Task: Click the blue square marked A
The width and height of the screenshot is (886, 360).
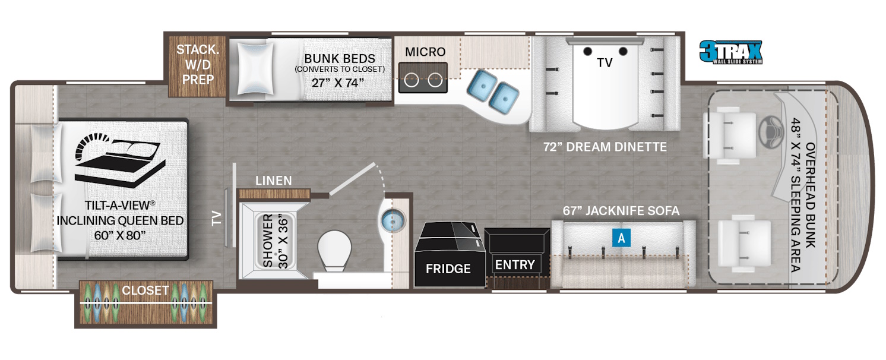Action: coord(621,238)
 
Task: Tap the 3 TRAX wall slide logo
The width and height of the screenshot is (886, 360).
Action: coord(730,52)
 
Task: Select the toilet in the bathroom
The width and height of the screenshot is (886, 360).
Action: coord(334,251)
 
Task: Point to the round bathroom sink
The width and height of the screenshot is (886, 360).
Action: coord(393,221)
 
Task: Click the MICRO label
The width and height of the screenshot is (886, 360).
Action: coord(425,52)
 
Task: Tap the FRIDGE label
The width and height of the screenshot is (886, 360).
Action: coord(448,269)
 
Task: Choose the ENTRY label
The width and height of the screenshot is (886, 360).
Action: coord(515,265)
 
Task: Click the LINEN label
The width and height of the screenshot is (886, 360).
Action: coord(274,181)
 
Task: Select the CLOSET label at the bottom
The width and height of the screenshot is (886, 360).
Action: coord(145,290)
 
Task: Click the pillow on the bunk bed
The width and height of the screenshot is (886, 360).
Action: coord(255,68)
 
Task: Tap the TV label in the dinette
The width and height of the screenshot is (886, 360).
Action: coord(605,63)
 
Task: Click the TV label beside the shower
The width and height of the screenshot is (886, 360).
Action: coord(216,218)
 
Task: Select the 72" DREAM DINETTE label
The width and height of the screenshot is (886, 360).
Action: coord(605,147)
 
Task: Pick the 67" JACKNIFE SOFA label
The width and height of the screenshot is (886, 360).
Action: coord(621,211)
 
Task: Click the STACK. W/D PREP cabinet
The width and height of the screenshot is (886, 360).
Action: coord(197,66)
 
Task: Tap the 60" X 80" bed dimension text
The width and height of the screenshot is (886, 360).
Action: coord(120,235)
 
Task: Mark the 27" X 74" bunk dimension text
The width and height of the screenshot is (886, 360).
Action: coord(337,83)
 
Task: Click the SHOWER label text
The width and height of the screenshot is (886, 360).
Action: coord(268,241)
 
